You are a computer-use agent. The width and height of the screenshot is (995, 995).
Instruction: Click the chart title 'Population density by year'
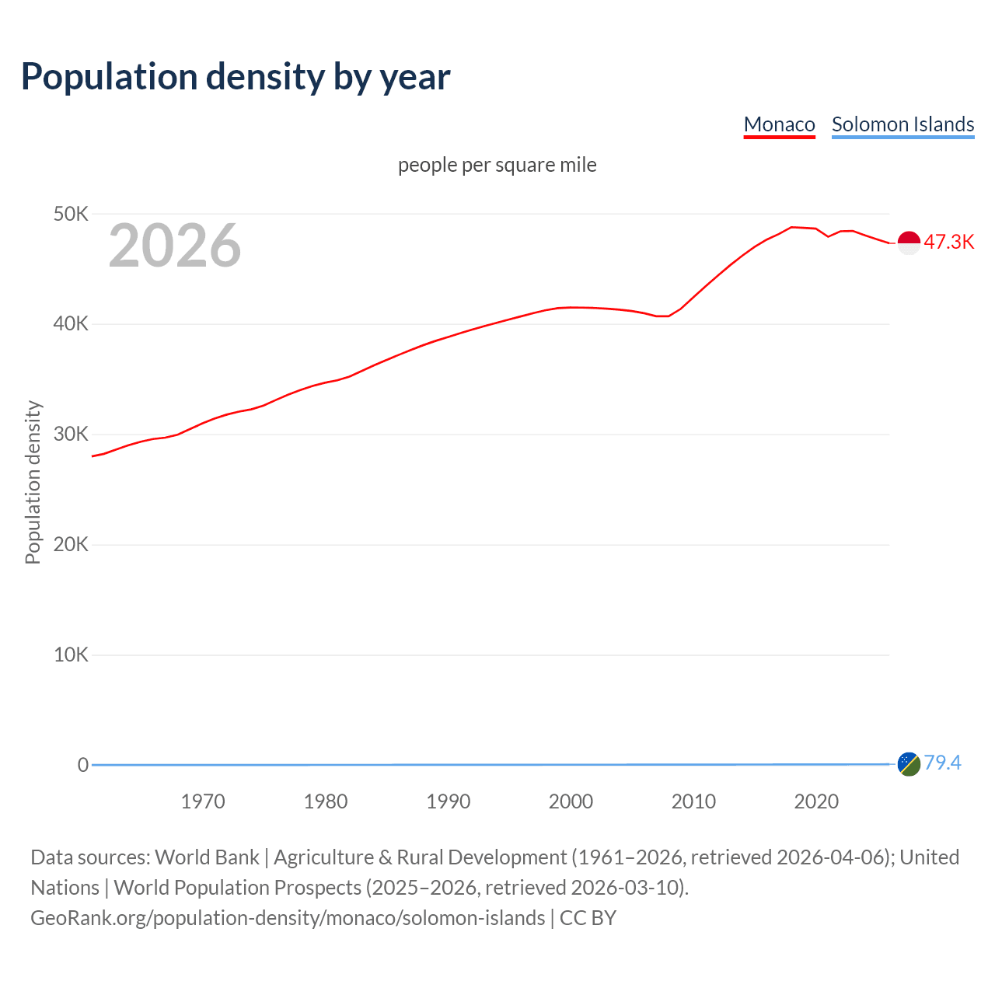[x=236, y=77]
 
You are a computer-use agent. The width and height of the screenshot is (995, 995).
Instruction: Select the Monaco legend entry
[x=779, y=124]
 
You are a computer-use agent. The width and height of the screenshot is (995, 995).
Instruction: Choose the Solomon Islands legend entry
[x=902, y=124]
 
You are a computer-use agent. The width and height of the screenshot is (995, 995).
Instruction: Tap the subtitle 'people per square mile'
[x=497, y=165]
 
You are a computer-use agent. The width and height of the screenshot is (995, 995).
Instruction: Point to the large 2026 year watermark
[x=175, y=246]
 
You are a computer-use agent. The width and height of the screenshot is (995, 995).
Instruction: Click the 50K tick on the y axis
[x=71, y=214]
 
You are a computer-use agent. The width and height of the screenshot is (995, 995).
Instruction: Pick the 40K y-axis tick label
[x=71, y=324]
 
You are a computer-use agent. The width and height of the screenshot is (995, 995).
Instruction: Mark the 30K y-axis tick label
[x=71, y=435]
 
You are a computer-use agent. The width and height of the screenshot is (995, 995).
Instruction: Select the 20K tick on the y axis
[x=71, y=545]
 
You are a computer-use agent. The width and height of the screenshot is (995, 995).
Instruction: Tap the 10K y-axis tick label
[x=71, y=655]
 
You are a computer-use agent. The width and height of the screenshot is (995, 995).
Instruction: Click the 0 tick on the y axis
[x=83, y=765]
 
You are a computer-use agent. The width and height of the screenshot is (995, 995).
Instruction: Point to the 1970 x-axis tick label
[x=203, y=801]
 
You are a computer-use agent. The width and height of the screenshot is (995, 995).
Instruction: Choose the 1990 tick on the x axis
[x=449, y=801]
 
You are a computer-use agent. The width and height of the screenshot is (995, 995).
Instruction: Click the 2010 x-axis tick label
[x=693, y=801]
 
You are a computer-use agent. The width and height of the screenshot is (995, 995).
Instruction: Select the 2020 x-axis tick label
[x=816, y=801]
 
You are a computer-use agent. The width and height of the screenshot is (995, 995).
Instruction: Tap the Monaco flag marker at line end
[x=909, y=243]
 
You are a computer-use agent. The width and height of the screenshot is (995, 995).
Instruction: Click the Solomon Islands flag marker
[x=909, y=764]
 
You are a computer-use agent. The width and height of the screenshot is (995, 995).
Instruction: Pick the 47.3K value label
[x=948, y=242]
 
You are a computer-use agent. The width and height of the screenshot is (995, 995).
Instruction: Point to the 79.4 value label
[x=942, y=763]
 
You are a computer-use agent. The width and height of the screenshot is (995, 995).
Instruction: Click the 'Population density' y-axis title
[x=33, y=482]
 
